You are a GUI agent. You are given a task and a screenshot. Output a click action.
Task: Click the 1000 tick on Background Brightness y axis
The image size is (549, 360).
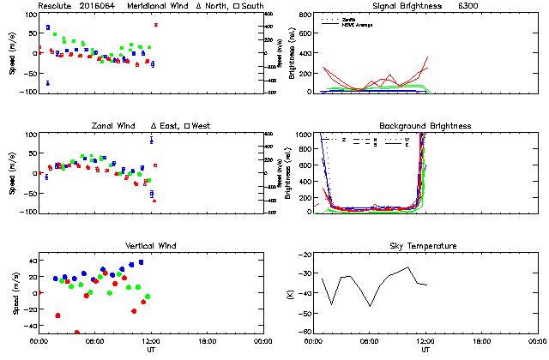click(303, 135)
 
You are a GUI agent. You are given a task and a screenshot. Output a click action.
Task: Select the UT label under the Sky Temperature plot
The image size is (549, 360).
click(425, 349)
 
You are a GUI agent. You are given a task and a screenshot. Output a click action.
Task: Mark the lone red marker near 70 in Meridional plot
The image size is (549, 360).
click(155, 25)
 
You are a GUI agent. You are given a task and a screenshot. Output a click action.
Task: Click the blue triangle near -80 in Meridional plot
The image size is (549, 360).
click(47, 83)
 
